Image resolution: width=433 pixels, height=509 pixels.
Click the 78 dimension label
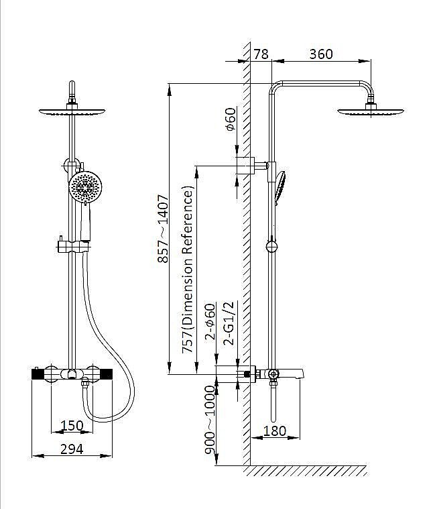(261, 54)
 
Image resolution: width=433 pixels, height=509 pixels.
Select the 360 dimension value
(321, 54)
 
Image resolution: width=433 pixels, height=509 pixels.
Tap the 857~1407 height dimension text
(163, 229)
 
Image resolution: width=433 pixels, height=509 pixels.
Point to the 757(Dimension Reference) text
(188, 270)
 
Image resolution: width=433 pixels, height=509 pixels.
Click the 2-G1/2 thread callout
(229, 323)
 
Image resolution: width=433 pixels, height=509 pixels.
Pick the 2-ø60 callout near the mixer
(210, 321)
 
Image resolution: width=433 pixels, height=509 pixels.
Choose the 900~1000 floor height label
(210, 420)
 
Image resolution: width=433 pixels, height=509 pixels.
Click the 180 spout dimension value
(274, 431)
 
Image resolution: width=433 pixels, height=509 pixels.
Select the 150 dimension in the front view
(72, 425)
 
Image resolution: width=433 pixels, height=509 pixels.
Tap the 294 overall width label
(72, 449)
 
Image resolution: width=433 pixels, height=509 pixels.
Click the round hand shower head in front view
(85, 186)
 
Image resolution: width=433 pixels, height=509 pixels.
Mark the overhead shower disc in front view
(72, 112)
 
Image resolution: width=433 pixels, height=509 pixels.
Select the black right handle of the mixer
(106, 374)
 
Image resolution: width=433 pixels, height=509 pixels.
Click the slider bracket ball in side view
(271, 247)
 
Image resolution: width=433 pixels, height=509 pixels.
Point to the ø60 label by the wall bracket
(231, 119)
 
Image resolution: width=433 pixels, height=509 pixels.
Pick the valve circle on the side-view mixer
(273, 374)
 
